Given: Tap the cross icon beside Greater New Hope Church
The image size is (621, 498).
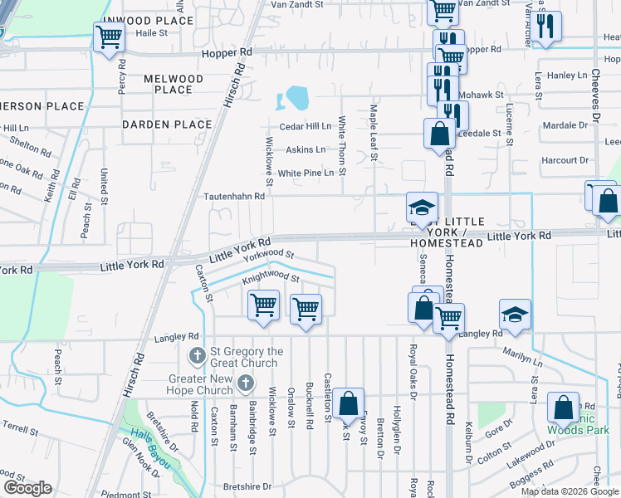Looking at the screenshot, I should coord(245,383).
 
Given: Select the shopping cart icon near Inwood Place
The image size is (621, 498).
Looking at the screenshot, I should coord(110,38).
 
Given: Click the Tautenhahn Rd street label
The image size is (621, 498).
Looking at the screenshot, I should coord(234,197).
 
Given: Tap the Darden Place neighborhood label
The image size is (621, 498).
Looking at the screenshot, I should coord(167,124).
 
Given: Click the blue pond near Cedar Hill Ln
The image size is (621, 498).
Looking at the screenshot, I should coord(296,100).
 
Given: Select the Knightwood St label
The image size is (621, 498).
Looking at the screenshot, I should coord(270,280).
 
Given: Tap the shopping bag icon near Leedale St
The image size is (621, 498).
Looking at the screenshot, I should coord(438,134).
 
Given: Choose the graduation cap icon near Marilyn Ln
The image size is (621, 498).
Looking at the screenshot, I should coord(515,315).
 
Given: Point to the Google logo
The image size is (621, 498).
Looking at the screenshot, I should coord(27,488).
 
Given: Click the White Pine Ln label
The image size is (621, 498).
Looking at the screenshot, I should coord(306,173).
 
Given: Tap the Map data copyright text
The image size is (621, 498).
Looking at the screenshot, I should coord(570,491).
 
